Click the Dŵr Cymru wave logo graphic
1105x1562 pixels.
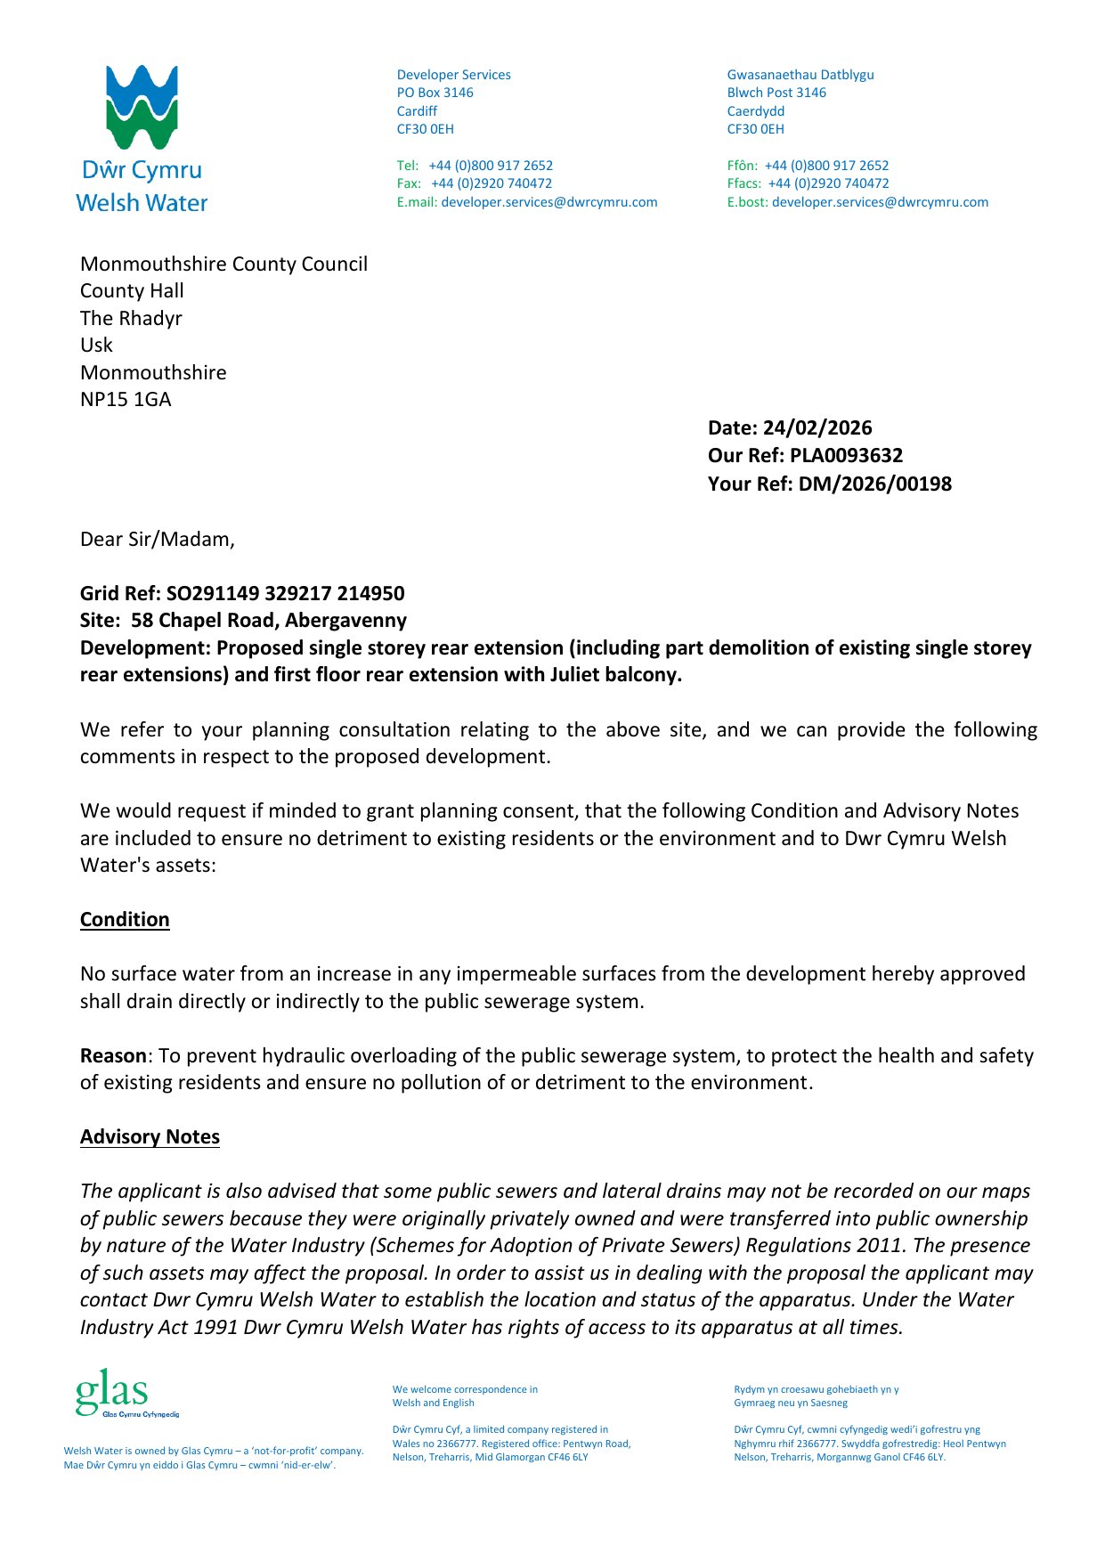142,107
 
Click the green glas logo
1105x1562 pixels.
112,1393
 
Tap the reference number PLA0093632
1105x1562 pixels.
846,456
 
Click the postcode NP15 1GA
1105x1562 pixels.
126,400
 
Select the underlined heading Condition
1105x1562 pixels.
125,920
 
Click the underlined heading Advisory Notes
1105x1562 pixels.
150,1137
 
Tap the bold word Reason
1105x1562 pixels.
113,1056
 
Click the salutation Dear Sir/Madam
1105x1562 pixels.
157,540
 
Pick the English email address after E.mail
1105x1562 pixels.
549,202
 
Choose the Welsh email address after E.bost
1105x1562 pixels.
880,202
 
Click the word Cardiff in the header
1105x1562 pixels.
417,111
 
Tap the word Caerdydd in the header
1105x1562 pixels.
756,111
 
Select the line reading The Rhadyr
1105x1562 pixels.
131,319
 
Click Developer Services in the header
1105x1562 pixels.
454,75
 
